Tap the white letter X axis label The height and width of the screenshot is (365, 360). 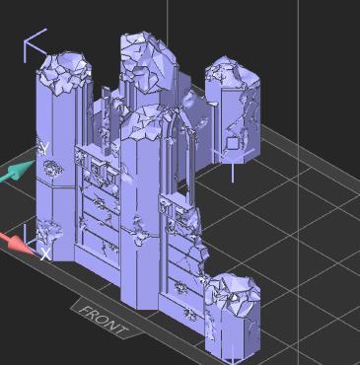coord(44,253)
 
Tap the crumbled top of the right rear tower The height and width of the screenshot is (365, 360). coord(233,75)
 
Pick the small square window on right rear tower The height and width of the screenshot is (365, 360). coord(232,142)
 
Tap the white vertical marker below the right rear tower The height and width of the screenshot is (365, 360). coord(232,173)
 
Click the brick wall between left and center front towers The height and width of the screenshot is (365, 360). coord(99,207)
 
